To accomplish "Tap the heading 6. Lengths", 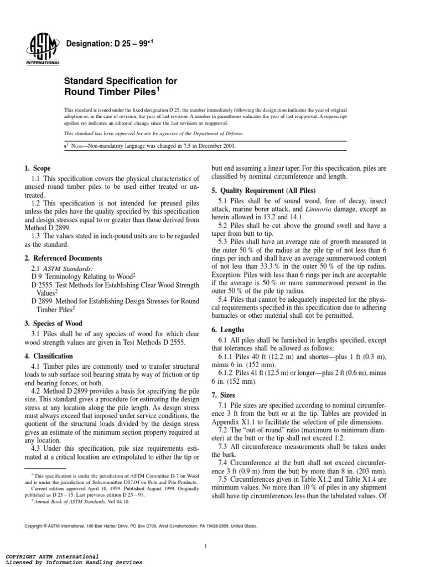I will coord(229,330).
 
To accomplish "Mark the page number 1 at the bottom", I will coord(205,532).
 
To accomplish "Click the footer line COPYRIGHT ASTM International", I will coord(51,555).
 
